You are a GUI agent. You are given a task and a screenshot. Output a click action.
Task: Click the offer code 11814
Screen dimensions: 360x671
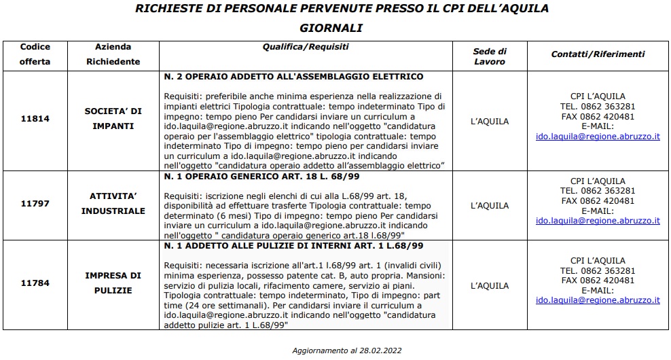35,118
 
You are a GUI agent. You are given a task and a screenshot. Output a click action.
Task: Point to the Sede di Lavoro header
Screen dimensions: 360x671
489,56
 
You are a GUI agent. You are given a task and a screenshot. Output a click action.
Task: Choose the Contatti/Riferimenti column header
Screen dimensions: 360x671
598,54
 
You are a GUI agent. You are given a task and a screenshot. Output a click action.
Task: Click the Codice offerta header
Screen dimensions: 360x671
35,54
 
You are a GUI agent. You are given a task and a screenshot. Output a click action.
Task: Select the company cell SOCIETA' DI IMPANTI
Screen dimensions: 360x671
113,118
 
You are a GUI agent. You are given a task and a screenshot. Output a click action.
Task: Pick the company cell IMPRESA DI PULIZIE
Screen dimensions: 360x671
113,283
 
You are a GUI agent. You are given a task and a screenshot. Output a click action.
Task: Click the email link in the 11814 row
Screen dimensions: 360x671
598,137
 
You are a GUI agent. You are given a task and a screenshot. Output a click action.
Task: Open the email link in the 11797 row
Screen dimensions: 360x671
598,221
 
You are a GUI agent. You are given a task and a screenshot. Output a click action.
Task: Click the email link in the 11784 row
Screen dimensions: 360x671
598,300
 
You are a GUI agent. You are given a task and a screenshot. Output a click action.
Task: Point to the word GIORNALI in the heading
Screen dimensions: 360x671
331,28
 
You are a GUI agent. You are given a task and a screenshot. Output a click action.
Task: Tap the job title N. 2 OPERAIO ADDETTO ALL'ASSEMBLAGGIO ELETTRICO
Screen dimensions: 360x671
293,76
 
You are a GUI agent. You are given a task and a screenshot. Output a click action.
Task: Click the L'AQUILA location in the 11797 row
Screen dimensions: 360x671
489,206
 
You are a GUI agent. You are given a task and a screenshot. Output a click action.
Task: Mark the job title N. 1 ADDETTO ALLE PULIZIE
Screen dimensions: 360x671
293,245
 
